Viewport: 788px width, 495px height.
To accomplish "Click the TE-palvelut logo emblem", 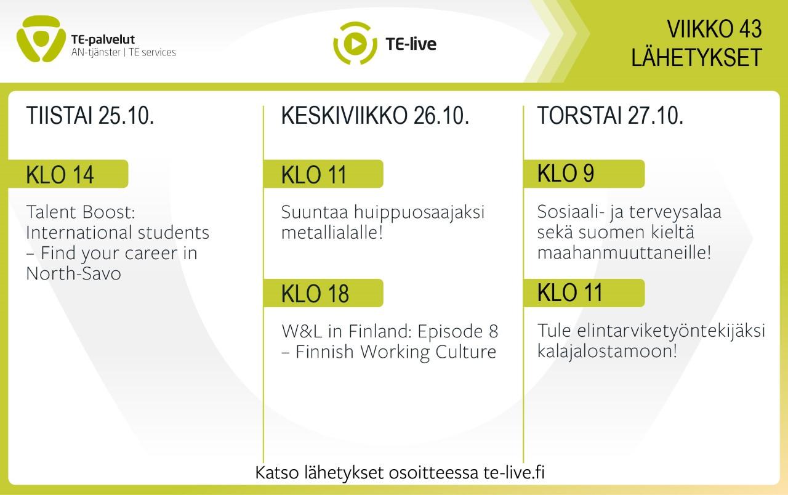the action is [41, 39].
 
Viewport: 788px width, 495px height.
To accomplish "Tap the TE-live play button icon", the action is [355, 44].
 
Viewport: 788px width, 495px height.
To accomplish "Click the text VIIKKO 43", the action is [714, 29].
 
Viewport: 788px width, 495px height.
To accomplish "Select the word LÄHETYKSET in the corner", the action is [696, 57].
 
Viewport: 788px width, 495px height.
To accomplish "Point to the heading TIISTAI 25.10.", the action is [90, 115].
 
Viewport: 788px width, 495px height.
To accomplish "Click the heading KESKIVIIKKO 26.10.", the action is [375, 115].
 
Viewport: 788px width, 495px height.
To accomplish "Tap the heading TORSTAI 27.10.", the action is [610, 115].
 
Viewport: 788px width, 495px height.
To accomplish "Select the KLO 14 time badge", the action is [68, 174].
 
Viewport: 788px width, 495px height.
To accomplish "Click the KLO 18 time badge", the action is [323, 293].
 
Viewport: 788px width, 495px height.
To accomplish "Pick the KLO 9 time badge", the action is [584, 174].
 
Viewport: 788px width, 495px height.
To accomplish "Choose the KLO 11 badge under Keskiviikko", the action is [323, 174].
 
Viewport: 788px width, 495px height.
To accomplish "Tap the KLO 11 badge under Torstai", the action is [584, 293].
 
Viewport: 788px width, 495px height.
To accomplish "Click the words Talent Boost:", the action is [81, 212].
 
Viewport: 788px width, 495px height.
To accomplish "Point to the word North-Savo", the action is [73, 273].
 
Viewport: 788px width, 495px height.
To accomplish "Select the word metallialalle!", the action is [332, 233].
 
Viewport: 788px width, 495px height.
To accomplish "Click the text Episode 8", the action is [457, 331].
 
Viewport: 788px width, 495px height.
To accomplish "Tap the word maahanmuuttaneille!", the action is [624, 252].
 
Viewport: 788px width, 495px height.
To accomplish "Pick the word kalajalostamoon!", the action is [607, 351].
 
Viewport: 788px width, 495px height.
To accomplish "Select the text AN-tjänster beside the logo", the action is [95, 52].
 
